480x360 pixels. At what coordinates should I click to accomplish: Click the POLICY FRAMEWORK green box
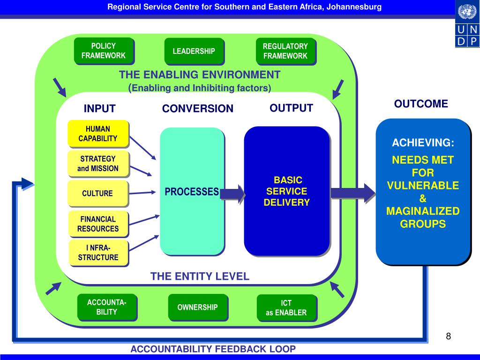(x=104, y=51)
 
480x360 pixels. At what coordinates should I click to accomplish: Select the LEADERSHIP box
(x=194, y=51)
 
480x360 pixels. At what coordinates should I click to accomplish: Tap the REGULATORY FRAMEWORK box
(x=285, y=51)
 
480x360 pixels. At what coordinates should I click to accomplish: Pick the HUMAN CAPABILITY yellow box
(x=98, y=134)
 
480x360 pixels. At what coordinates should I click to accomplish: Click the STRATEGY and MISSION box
(x=98, y=164)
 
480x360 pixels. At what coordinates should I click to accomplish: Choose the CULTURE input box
(x=97, y=193)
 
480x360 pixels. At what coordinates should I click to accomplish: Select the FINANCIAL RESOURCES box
(x=98, y=224)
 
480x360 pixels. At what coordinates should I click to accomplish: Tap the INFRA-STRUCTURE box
(x=98, y=253)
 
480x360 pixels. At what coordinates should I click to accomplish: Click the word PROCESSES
(x=192, y=192)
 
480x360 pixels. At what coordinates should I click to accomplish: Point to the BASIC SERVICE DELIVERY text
(x=287, y=191)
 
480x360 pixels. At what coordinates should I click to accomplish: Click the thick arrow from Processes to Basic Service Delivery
(x=232, y=194)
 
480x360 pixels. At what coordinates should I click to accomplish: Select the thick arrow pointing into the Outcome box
(x=353, y=193)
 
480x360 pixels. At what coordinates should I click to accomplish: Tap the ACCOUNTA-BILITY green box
(x=107, y=307)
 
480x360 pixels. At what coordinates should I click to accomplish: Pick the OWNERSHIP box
(x=198, y=307)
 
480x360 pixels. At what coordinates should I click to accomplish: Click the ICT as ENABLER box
(x=286, y=307)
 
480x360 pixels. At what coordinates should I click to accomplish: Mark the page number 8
(x=449, y=336)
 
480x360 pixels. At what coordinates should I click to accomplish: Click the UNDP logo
(x=467, y=24)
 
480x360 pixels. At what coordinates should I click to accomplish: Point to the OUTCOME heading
(x=421, y=104)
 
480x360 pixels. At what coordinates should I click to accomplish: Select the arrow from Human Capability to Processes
(x=142, y=148)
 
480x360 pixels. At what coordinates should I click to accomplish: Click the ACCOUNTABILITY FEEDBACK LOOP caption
(x=213, y=349)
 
